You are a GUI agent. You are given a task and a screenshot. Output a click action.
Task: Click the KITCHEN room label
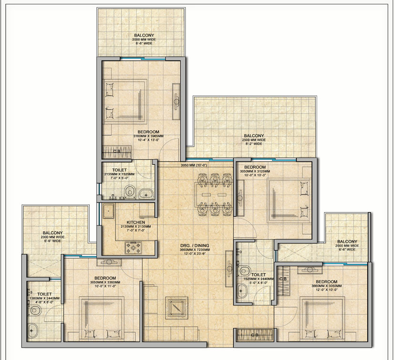[136, 222]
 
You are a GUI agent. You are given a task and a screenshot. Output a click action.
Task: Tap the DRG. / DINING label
[195, 246]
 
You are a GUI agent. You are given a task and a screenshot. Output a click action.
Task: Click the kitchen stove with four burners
[133, 247]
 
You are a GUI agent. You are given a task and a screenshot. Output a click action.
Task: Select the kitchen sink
[108, 211]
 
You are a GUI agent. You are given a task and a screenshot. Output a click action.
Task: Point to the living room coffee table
[177, 308]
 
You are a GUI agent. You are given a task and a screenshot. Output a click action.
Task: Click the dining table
[214, 195]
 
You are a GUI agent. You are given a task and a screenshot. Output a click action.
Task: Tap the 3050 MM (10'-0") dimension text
[194, 165]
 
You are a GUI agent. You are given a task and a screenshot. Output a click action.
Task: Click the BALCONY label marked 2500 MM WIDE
[254, 136]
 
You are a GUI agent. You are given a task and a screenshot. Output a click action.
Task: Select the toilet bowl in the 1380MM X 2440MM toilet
[35, 310]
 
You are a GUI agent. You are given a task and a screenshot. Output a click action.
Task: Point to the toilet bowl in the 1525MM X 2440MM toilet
[244, 271]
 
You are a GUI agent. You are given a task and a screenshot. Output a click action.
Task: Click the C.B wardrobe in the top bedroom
[117, 152]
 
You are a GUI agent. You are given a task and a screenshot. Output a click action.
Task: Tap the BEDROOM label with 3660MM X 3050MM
[326, 282]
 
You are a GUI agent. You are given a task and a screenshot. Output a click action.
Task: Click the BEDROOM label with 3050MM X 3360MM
[105, 278]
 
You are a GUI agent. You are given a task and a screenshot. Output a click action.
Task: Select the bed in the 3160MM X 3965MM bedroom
[125, 102]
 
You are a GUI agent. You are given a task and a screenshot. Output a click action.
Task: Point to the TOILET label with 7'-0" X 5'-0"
[119, 170]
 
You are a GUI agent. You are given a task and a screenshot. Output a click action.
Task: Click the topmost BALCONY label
[144, 35]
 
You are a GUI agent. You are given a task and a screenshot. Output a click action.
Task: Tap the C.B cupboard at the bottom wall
[255, 335]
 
